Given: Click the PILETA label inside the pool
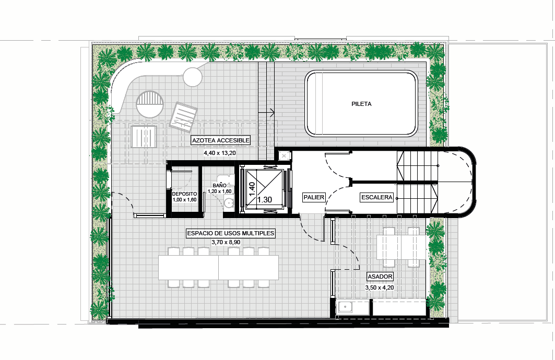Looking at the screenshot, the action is tap(361, 104).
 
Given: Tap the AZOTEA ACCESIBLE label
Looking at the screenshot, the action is tap(221, 140).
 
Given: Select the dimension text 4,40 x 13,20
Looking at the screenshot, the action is tap(219, 153).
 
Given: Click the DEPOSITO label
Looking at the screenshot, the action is tap(184, 194).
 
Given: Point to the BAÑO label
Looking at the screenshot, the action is tap(219, 186).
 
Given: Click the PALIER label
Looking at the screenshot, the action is tap(314, 197).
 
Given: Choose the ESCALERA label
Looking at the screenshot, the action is tap(377, 197).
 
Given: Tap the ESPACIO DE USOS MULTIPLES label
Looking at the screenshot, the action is tap(230, 233).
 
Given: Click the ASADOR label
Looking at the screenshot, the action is tap(380, 277).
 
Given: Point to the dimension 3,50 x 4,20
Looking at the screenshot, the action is tap(380, 288).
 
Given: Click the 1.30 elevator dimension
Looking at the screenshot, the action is tap(264, 200).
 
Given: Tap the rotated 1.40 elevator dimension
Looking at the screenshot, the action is tap(252, 189).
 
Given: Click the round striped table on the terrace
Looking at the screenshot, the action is tap(150, 104).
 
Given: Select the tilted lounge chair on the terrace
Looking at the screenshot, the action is tap(183, 117).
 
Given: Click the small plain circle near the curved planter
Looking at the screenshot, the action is tap(193, 77).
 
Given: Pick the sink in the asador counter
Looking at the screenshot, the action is tap(345, 307).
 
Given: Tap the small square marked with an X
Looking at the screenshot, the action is tap(284, 155).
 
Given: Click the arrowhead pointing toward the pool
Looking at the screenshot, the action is tap(272, 113).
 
